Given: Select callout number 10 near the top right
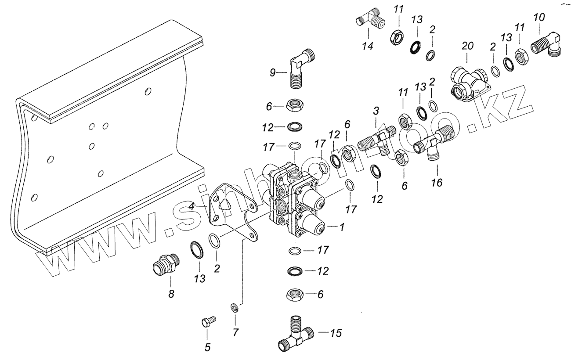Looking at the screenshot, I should point(539,18).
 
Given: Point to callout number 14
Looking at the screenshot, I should point(368,46).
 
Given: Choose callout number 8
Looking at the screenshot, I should point(171,294).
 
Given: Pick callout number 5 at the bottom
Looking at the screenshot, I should point(208,348).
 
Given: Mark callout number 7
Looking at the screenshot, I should point(235,332).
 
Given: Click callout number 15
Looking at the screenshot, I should point(336,333).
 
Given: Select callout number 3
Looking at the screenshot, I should point(376,111).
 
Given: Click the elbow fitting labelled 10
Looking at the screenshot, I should point(546,45).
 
